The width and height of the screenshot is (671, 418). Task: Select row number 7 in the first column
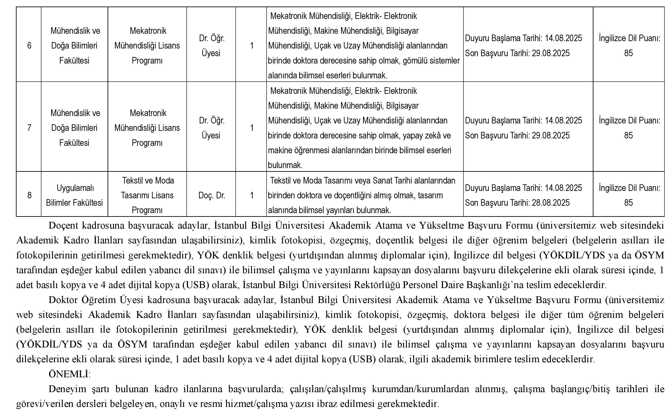tap(29, 128)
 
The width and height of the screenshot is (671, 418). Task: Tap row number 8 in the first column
tap(29, 196)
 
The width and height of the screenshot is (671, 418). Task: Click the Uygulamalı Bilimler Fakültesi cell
tap(74, 196)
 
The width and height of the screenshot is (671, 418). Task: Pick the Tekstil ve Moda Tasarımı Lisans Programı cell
tap(147, 196)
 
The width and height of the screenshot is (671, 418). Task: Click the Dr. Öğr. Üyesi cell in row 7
tap(211, 128)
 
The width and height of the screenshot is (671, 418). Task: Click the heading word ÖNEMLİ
tap(69, 374)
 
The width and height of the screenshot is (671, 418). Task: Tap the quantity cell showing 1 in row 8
tap(252, 196)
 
